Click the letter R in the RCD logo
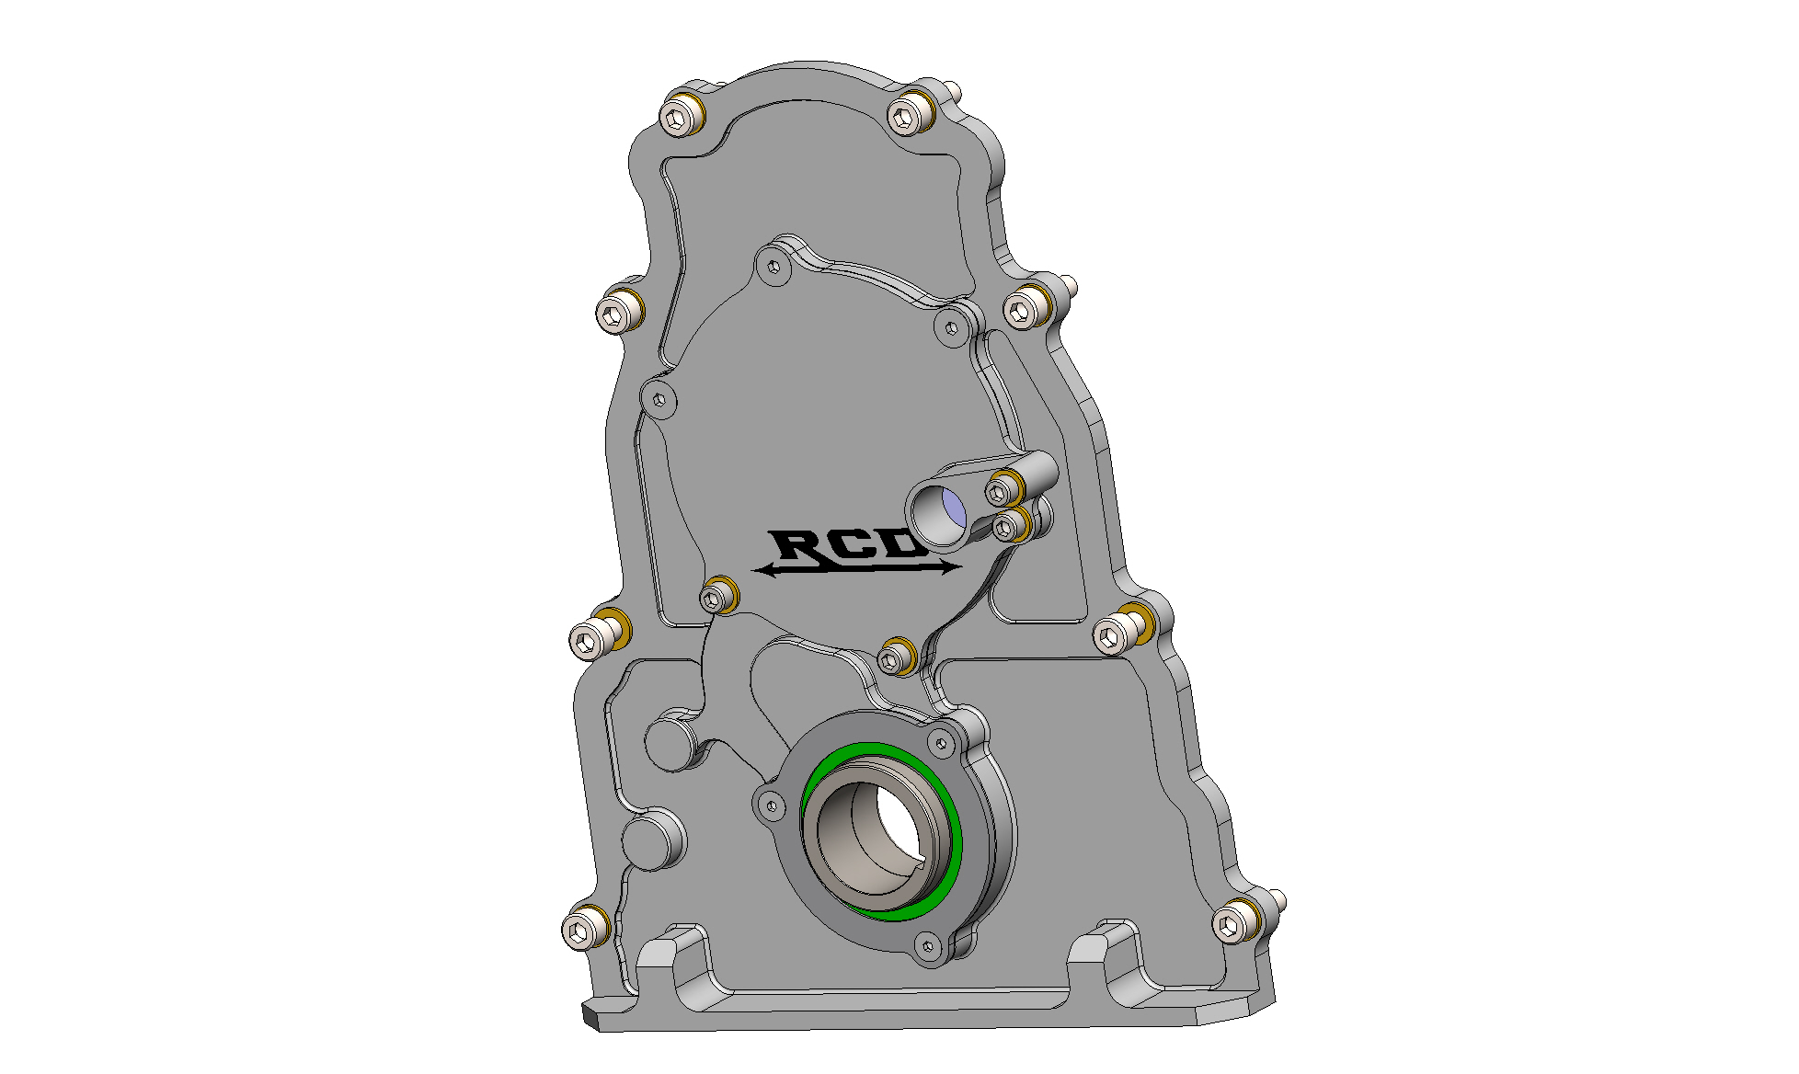(797, 545)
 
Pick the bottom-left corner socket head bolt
(580, 931)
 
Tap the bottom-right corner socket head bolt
(1232, 923)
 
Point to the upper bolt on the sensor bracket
(999, 491)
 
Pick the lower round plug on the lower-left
(649, 840)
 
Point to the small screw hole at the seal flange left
(772, 806)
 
